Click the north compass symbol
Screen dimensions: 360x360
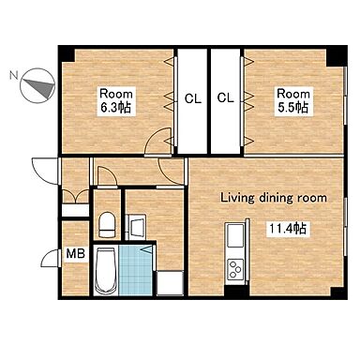(x=37, y=85)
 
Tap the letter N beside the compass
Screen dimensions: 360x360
(x=13, y=75)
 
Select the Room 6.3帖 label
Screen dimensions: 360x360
(x=116, y=101)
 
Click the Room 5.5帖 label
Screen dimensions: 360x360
(x=293, y=101)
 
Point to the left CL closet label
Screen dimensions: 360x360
(x=193, y=99)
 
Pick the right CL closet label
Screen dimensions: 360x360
(x=225, y=98)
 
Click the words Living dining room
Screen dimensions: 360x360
(x=274, y=198)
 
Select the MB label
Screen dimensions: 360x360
(x=75, y=254)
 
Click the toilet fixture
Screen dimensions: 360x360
(x=107, y=225)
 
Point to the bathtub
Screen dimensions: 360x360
(x=106, y=271)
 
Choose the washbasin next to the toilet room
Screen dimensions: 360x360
(x=137, y=226)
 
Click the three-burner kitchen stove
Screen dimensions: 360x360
(x=235, y=269)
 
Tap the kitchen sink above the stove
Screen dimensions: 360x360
(x=235, y=235)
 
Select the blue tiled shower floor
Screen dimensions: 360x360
(x=136, y=270)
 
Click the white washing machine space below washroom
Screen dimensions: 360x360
(x=170, y=283)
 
